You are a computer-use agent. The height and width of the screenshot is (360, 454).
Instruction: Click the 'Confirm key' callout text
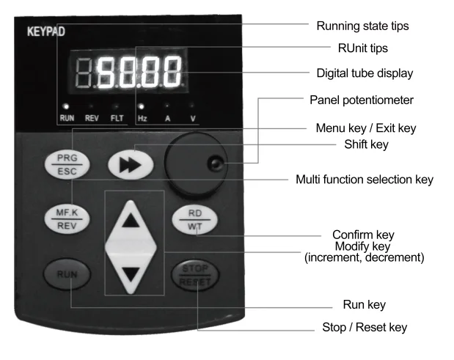pos(364,235)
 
